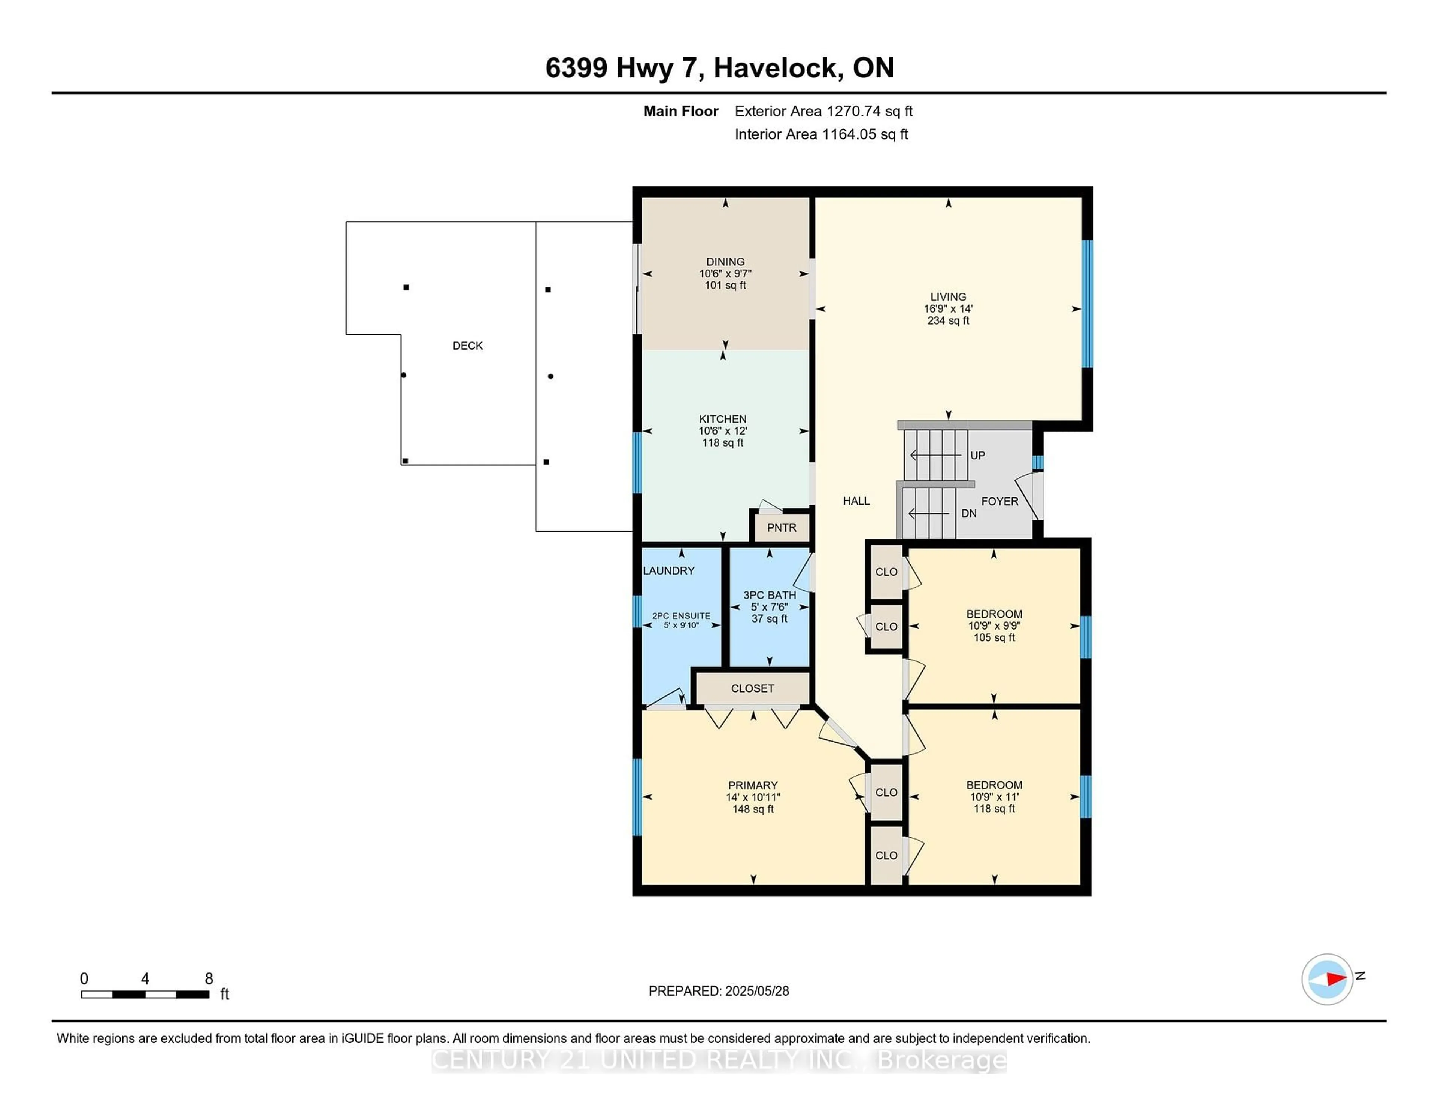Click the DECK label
click(467, 346)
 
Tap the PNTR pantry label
click(782, 527)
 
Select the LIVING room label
click(948, 297)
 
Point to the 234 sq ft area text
click(948, 320)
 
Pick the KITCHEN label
click(723, 418)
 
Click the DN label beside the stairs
click(968, 513)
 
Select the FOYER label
click(999, 501)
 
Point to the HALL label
click(856, 501)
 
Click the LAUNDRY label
click(668, 570)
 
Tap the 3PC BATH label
click(770, 595)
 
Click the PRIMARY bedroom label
click(753, 785)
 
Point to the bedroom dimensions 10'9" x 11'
click(994, 797)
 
